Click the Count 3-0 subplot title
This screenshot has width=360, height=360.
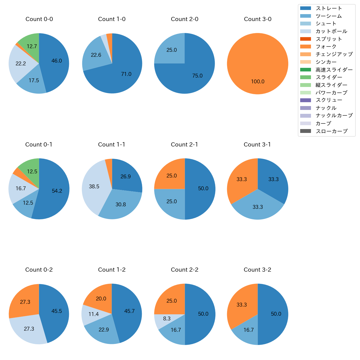coord(258,19)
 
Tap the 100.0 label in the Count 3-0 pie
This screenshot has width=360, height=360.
coord(258,82)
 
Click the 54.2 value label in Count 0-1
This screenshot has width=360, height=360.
coord(57,191)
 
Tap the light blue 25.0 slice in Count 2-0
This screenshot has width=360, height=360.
coord(172,50)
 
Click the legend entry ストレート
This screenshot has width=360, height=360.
coord(329,8)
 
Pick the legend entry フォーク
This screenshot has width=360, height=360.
coord(326,47)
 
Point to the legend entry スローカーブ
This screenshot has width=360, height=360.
coord(331,131)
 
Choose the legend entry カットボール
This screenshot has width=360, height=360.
coord(331,31)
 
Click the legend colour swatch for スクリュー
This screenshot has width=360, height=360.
coord(305,100)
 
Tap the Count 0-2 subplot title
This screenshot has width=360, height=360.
coord(39,270)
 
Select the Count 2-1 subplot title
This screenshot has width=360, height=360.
coord(184,145)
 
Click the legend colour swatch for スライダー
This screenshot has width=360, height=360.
coord(305,77)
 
